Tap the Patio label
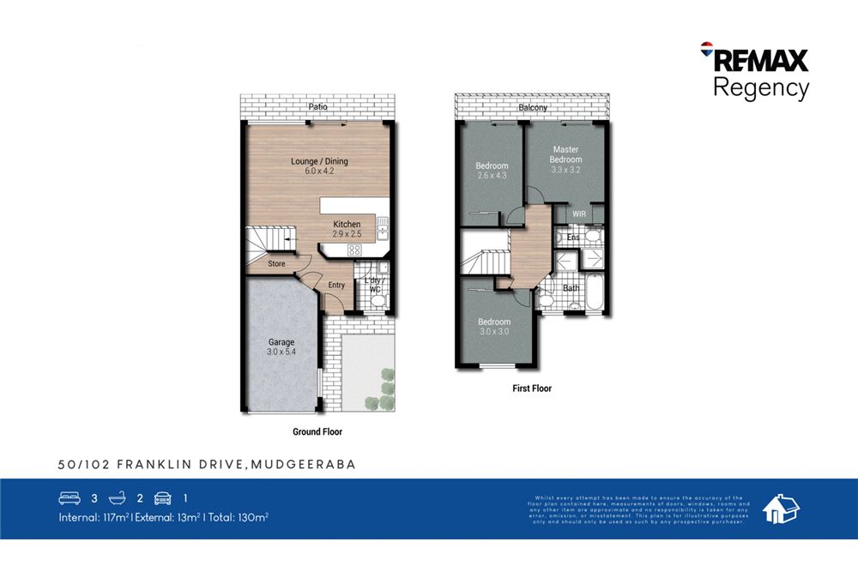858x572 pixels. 318,107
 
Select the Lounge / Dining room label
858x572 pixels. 319,161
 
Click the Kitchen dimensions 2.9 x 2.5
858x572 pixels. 347,234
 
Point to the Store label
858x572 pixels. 276,264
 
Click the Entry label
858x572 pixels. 336,286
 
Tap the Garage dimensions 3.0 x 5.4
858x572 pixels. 281,352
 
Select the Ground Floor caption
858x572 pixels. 317,432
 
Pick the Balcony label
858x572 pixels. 532,108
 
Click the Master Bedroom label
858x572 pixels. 565,155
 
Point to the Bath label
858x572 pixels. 571,288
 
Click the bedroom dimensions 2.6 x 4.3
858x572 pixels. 492,176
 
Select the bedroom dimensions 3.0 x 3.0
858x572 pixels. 494,332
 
